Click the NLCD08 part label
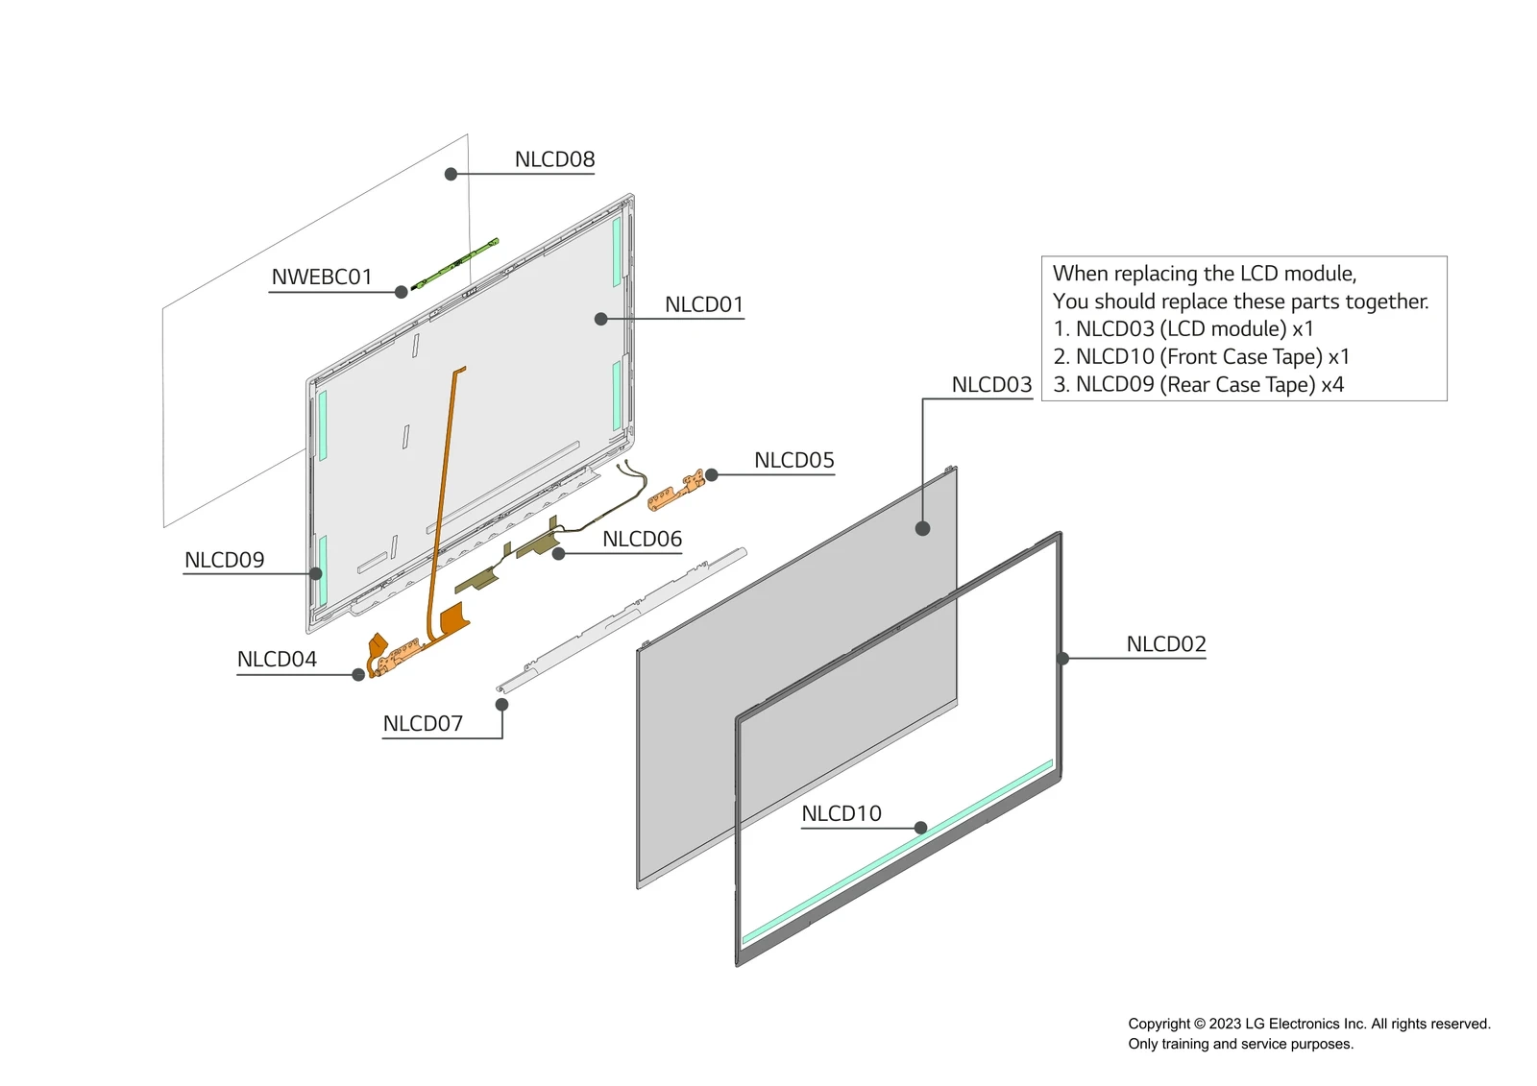coord(554,159)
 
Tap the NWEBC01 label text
coord(321,277)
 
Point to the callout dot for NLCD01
coord(600,319)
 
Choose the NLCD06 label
coord(642,539)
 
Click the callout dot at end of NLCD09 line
coord(316,573)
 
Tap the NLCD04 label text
coord(277,659)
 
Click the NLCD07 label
coord(423,723)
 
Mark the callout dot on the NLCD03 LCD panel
coord(922,528)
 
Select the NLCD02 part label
coord(1165,643)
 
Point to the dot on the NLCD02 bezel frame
coord(1062,659)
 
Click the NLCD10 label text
coord(841,813)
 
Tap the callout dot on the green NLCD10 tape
coord(920,828)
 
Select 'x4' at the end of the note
coord(1332,385)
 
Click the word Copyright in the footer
coord(1159,1024)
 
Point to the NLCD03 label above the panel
coord(991,385)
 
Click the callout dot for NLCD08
coord(451,174)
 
